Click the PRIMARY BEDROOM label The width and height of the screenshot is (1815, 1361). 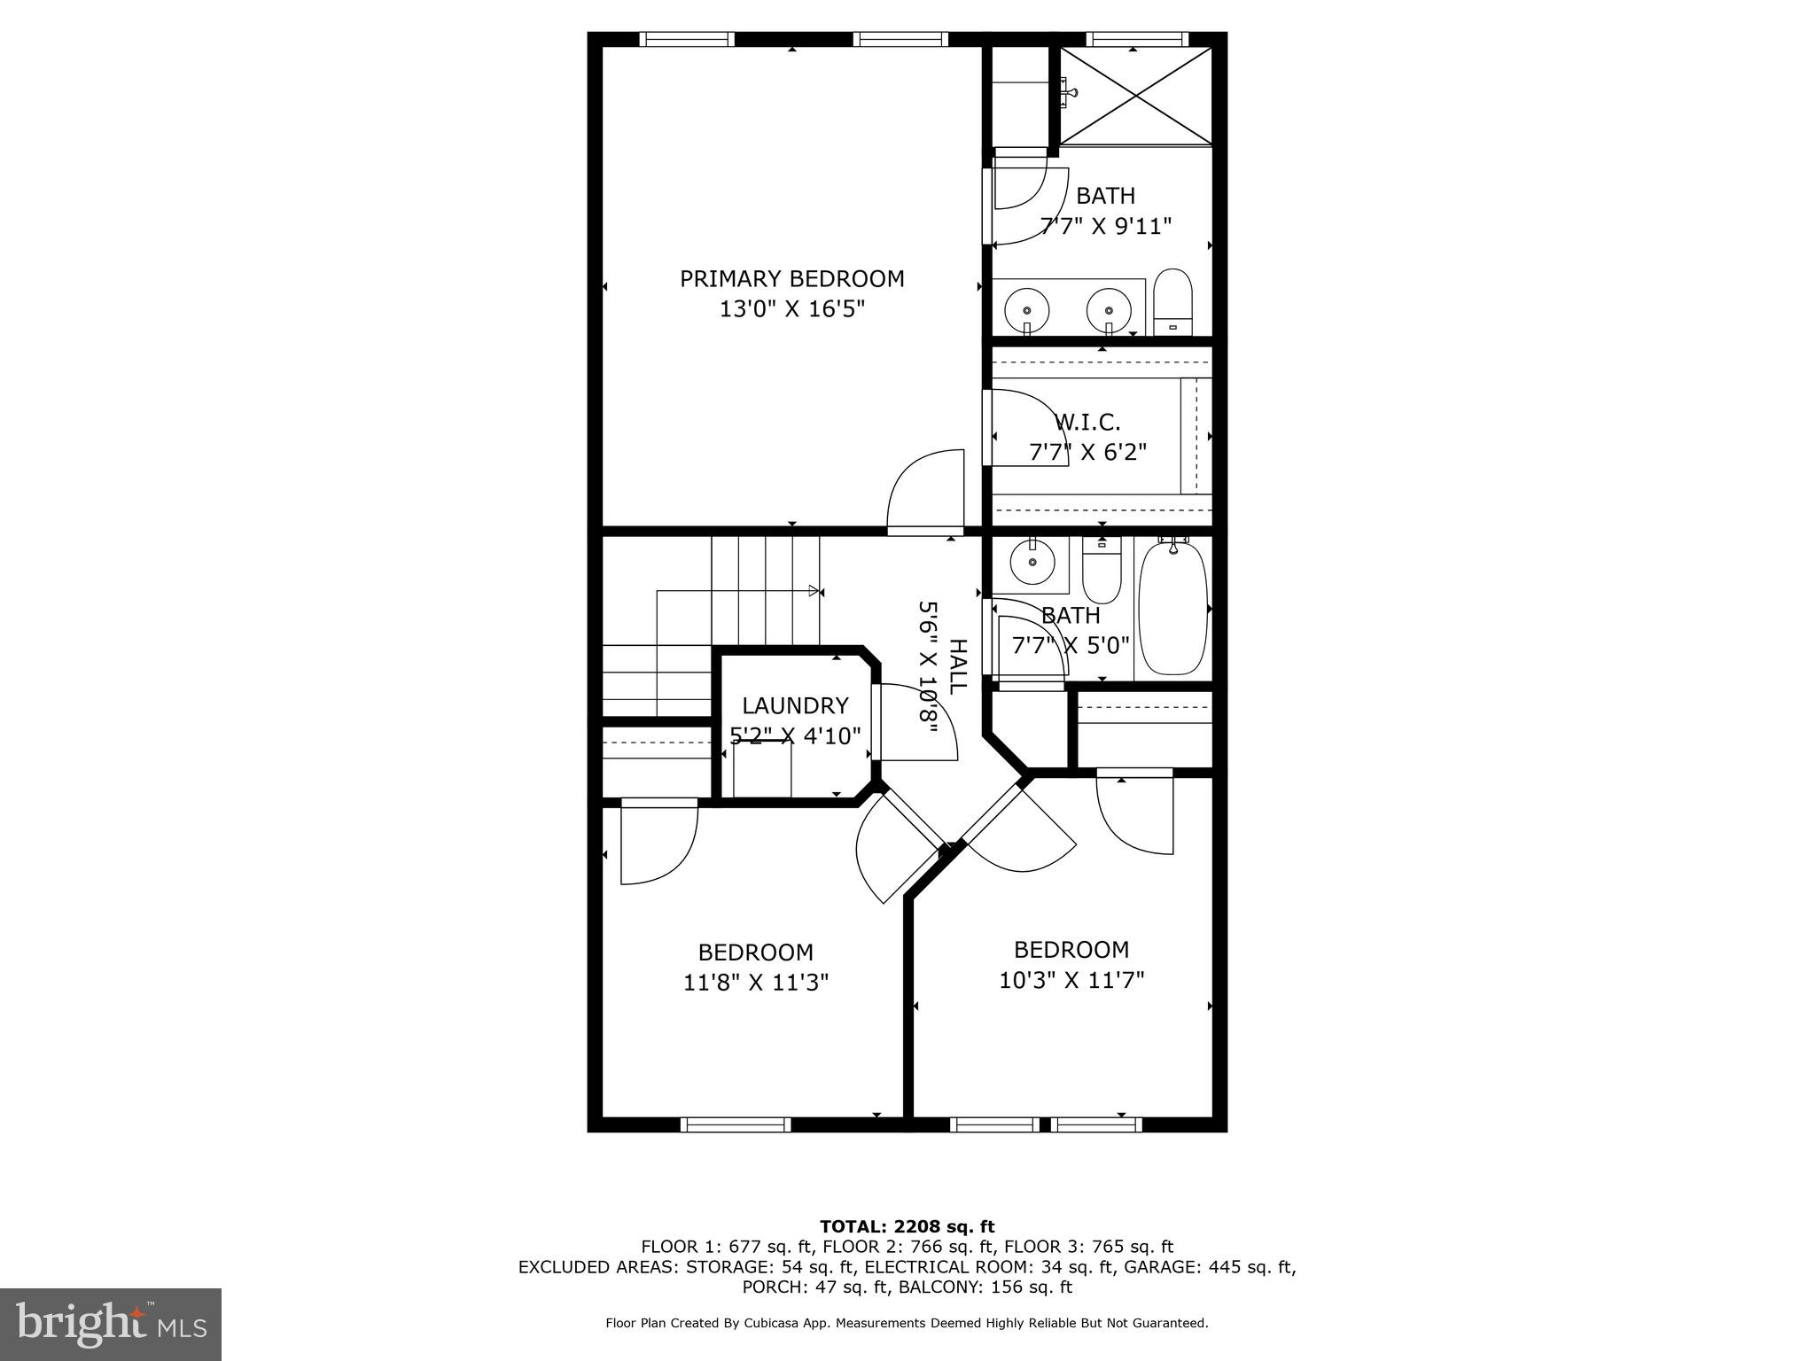[791, 279]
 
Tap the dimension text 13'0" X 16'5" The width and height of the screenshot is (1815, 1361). [791, 309]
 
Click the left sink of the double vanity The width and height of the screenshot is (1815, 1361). [1027, 310]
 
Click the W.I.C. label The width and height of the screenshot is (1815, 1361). [1087, 422]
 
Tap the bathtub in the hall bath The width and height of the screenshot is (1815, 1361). [1172, 609]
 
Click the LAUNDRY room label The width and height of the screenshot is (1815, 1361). [795, 705]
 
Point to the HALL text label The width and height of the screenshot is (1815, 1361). [958, 666]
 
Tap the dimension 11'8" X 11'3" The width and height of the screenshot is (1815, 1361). [756, 982]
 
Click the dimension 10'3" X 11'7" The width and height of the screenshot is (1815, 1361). [1071, 980]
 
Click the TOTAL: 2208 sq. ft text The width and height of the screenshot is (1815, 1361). [907, 1226]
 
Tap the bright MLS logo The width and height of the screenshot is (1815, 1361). [111, 1325]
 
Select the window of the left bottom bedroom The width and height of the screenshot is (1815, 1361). [736, 1124]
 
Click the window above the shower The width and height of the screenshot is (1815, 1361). [1137, 39]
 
